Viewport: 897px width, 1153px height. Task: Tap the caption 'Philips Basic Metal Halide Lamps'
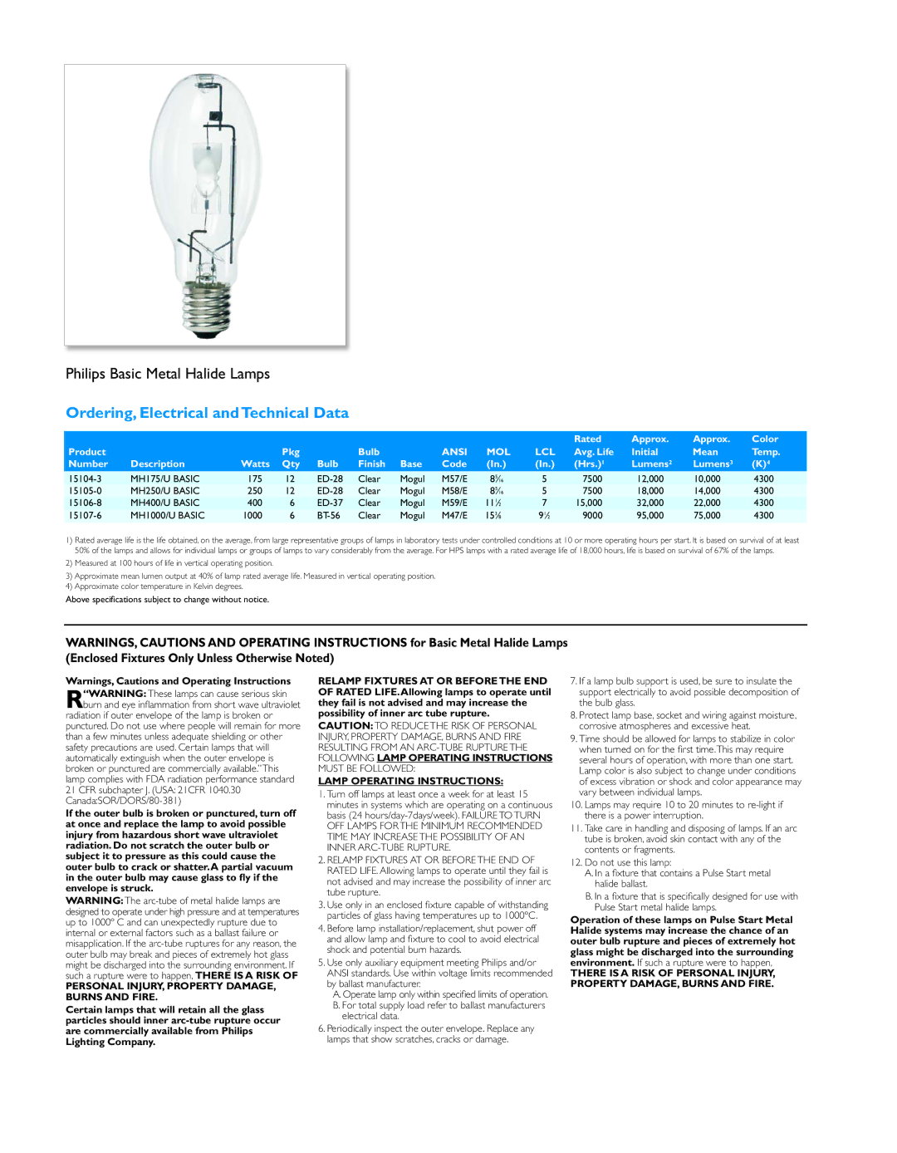(168, 374)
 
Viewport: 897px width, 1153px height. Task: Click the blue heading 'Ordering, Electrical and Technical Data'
(207, 413)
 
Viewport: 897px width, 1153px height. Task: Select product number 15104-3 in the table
(85, 478)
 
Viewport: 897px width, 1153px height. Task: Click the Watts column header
(255, 464)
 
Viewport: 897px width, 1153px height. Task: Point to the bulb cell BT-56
(329, 515)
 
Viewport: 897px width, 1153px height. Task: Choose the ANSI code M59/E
(454, 503)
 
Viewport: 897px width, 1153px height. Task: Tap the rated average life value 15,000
(589, 503)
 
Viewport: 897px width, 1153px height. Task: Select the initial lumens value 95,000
(650, 515)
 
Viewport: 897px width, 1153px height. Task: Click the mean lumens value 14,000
(707, 491)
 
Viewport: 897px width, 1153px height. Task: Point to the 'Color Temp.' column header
(765, 451)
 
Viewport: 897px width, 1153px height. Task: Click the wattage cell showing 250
(255, 491)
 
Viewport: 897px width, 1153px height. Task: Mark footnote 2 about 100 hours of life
(169, 563)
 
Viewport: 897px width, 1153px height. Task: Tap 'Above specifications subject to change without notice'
(167, 600)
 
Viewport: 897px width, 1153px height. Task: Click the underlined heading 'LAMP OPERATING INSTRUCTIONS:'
(410, 781)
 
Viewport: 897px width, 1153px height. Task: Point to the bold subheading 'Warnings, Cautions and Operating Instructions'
(178, 681)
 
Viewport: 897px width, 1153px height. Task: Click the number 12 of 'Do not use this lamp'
(576, 862)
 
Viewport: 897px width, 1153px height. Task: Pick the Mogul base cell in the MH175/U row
(412, 478)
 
